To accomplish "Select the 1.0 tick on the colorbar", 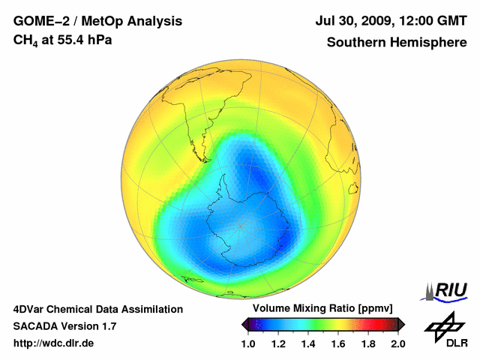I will [x=248, y=343].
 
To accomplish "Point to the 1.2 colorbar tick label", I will [x=278, y=343].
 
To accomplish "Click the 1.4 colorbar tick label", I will [x=308, y=343].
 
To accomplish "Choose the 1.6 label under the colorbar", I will [x=338, y=343].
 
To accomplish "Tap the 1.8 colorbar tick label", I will [x=368, y=343].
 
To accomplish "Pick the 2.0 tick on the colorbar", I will [x=397, y=343].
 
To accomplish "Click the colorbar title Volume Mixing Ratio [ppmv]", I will [x=322, y=309].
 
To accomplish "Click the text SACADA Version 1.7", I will [x=64, y=326].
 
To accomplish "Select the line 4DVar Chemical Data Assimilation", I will [x=98, y=309].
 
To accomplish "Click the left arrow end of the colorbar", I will [x=244, y=324].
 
